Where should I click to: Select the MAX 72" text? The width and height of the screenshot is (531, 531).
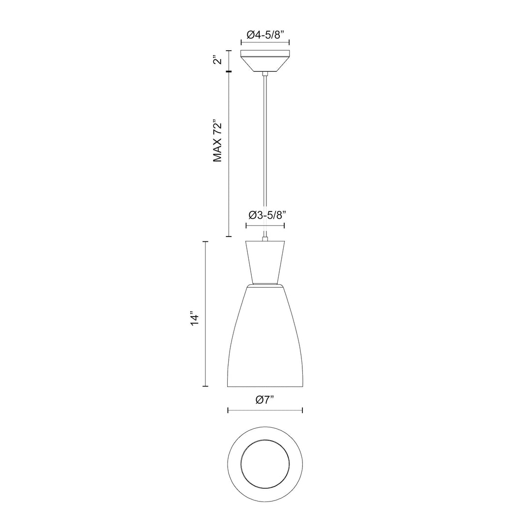[218, 141]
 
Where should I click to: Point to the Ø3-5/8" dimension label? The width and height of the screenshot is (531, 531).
[265, 215]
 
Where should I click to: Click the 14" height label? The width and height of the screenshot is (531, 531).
[195, 318]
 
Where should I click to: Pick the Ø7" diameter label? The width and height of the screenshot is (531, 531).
[265, 400]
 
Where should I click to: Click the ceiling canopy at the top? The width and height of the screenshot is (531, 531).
[265, 60]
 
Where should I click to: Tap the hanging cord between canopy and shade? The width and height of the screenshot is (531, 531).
[265, 147]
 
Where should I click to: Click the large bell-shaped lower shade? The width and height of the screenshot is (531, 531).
[265, 339]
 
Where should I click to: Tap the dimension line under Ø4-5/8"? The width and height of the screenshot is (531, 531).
[265, 43]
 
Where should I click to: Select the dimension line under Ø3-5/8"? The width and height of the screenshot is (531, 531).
[265, 226]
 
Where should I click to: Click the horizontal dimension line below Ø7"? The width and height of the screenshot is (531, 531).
[265, 410]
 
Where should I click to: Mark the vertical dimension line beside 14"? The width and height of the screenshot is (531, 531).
[206, 315]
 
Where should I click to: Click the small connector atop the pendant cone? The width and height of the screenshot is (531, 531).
[265, 239]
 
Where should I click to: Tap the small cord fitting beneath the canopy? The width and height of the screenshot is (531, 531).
[265, 74]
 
